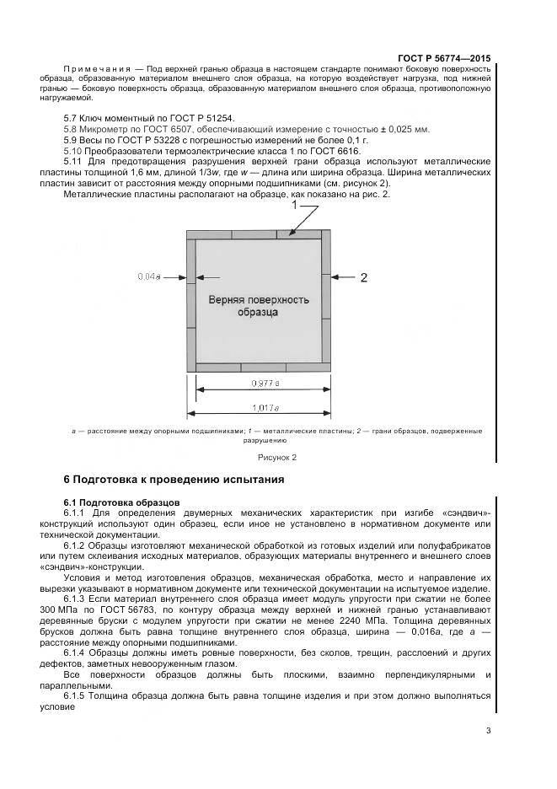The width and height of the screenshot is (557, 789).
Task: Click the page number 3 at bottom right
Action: pos(488,730)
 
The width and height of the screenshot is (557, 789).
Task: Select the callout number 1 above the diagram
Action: pos(294,205)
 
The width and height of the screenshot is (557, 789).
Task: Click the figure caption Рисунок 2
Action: pos(277,457)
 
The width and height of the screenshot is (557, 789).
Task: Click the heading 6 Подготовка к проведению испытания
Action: pos(174,480)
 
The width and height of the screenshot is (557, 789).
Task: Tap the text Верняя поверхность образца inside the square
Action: pos(258,305)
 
